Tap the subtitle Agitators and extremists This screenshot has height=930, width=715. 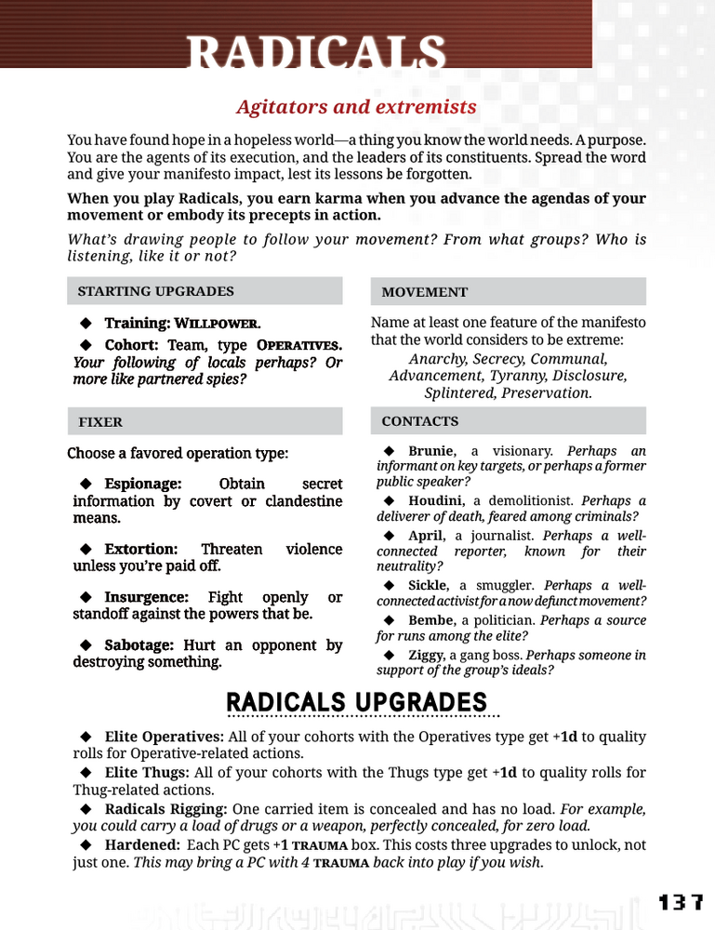click(356, 107)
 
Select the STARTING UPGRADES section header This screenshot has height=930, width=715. click(155, 291)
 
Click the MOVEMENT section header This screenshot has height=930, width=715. click(425, 292)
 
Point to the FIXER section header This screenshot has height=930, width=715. click(99, 422)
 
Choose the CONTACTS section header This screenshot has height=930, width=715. click(419, 421)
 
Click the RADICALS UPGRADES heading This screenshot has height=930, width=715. click(356, 702)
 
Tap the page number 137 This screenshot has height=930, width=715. click(681, 903)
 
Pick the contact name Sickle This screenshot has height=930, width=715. click(430, 586)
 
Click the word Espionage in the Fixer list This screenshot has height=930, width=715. click(142, 485)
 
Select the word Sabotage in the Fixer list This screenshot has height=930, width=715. click(140, 645)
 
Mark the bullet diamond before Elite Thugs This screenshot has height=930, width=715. click(86, 773)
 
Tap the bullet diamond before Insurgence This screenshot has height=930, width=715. click(86, 597)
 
